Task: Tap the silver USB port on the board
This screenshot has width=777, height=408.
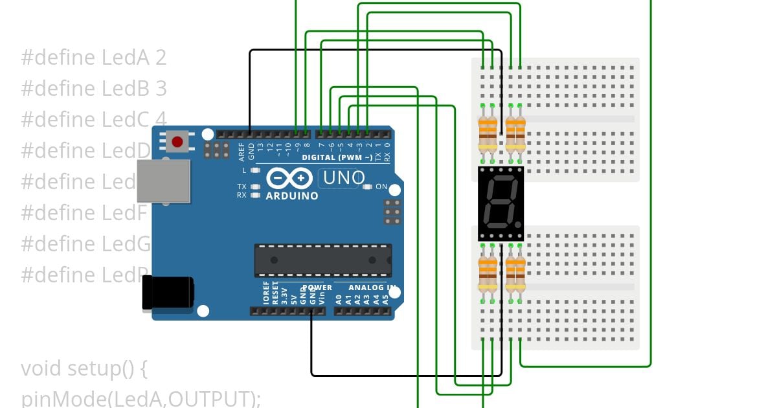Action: coord(163,181)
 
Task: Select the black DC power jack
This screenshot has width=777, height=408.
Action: coord(168,292)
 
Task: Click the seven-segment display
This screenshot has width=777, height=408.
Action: coord(501,203)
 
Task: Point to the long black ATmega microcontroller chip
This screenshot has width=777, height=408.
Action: coord(322,260)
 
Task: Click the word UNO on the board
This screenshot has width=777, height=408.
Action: coord(344,177)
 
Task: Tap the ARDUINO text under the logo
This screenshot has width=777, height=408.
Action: coord(292,196)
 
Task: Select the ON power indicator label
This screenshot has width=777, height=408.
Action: coord(381,187)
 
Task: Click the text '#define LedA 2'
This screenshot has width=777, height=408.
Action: coord(94,58)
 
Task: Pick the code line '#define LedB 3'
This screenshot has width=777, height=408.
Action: coord(94,88)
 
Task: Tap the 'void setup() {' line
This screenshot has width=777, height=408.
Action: coord(85,368)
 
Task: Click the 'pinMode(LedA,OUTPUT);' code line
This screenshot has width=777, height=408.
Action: coord(141,398)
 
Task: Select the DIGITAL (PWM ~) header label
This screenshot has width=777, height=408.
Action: coord(337,157)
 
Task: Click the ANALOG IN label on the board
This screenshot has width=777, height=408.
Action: coord(372,287)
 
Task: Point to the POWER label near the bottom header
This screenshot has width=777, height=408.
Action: coord(317,287)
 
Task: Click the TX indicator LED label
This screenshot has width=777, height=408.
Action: coord(241,187)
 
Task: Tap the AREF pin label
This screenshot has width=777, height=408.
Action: coord(242,152)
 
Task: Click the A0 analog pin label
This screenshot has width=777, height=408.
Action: coord(338,299)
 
